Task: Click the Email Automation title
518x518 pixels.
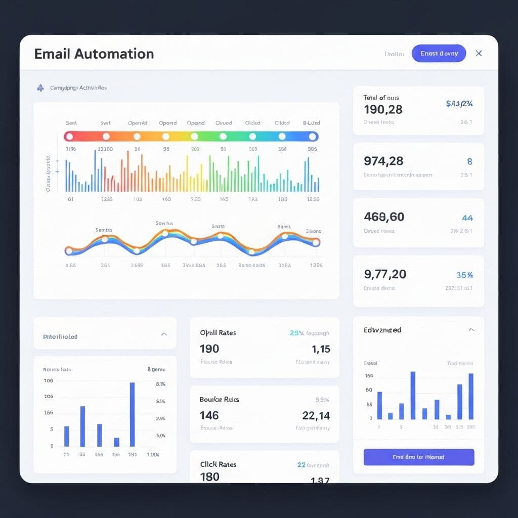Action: (94, 54)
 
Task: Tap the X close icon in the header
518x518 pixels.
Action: (479, 53)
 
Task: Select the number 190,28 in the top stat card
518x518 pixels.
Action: (383, 109)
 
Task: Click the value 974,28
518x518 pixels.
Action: (383, 161)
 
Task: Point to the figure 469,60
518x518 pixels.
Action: (384, 217)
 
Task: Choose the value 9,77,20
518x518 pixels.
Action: (385, 274)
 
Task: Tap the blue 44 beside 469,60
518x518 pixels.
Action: (467, 218)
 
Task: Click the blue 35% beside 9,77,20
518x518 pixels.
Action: (464, 275)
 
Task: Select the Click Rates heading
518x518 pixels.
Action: (218, 464)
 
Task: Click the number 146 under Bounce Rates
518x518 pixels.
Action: (209, 415)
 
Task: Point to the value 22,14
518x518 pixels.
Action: (316, 415)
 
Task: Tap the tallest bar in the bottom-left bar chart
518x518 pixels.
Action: (133, 414)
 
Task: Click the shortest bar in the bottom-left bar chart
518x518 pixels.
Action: (116, 442)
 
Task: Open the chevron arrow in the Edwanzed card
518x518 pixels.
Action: (471, 330)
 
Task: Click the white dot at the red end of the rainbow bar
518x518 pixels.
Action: (69, 137)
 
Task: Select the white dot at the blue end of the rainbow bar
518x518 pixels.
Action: (312, 137)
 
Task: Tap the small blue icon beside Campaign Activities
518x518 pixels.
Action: (40, 88)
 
